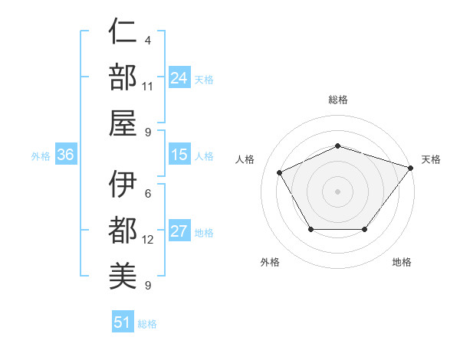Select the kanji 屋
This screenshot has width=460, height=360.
(123, 123)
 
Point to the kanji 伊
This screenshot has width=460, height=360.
(123, 185)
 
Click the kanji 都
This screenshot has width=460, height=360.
(123, 231)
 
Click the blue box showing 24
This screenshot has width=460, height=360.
(179, 77)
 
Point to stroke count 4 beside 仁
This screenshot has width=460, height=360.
(147, 40)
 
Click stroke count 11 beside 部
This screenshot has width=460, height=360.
(149, 86)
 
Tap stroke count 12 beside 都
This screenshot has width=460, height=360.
(149, 240)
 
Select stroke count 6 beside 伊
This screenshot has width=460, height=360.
(147, 194)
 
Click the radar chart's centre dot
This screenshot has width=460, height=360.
(337, 191)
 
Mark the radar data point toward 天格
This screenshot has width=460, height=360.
(410, 167)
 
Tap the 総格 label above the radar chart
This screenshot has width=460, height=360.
(338, 100)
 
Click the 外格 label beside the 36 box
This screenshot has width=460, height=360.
(41, 156)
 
